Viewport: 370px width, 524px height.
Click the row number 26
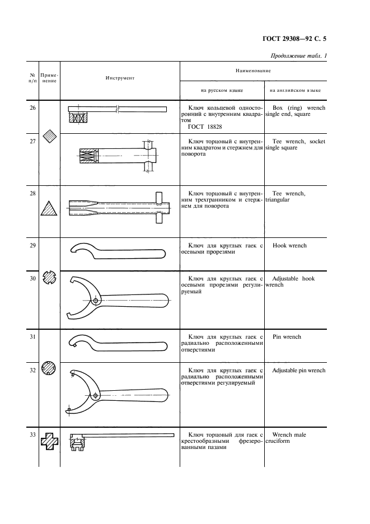coord(32,106)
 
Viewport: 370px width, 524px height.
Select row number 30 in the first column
coord(32,278)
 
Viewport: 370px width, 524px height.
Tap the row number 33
coord(32,434)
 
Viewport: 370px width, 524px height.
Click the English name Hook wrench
coord(289,246)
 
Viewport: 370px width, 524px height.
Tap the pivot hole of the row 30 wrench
coord(97,301)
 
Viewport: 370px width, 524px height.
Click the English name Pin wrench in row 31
coord(287,337)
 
